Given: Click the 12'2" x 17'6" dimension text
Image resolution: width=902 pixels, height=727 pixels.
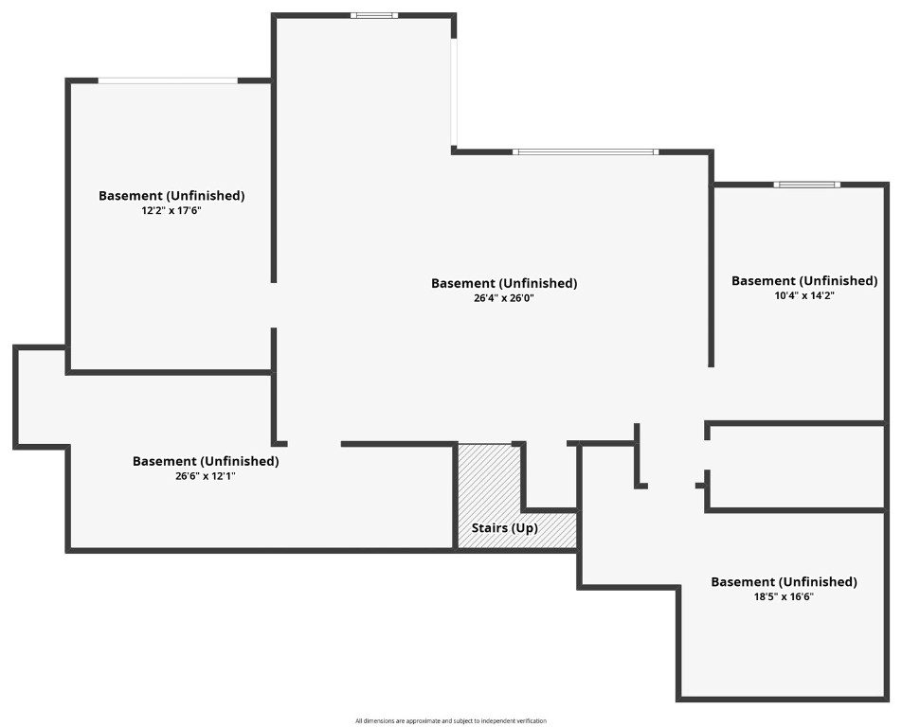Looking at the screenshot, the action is [171, 210].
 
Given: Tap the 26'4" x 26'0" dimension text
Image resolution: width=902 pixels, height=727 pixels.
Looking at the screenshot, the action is [504, 298].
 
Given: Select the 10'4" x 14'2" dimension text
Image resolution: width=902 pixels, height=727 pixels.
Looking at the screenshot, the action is [804, 296].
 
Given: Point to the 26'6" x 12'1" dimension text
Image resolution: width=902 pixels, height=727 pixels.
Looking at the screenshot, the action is [206, 476].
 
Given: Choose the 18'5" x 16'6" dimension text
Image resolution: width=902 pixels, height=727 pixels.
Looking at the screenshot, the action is [784, 596].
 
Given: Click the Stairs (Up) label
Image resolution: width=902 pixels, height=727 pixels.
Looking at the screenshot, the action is [504, 527].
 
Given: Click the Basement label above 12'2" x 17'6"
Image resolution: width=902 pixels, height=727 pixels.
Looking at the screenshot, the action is [171, 195].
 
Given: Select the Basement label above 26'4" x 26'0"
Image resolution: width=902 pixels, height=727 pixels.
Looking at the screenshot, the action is [504, 283].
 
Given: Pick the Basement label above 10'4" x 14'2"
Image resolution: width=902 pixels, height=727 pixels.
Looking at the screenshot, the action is [804, 281].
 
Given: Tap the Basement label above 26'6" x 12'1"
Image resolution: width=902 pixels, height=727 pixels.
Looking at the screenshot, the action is [206, 461].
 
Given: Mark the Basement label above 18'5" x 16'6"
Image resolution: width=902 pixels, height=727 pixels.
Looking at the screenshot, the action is [784, 581].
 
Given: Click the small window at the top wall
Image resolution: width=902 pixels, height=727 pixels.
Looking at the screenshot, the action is [374, 15].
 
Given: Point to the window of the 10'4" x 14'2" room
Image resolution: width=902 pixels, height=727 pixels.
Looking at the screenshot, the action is [806, 185].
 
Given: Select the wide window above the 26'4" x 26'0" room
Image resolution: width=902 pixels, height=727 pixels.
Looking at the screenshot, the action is [586, 151].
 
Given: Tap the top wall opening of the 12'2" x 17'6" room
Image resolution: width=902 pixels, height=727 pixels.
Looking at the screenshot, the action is [168, 80].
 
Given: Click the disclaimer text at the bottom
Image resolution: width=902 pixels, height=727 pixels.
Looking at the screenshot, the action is [451, 720].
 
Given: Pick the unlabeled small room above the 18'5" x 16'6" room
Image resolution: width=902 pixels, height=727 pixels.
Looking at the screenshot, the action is [796, 467].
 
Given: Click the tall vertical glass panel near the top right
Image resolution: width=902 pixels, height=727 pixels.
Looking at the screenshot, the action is [454, 92].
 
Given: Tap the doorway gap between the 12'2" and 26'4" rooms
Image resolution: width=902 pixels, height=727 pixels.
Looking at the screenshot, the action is [274, 305].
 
